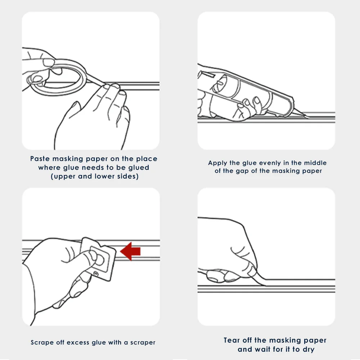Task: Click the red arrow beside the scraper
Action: coord(130,251)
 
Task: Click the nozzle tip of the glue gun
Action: coord(303,114)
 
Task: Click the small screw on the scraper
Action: coord(96,274)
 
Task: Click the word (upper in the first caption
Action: coord(63,176)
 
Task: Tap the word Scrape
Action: coord(42,343)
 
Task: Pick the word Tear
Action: coord(231,340)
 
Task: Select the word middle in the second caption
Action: coord(315,163)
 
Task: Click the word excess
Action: coord(78,343)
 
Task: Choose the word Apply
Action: coord(217,163)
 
